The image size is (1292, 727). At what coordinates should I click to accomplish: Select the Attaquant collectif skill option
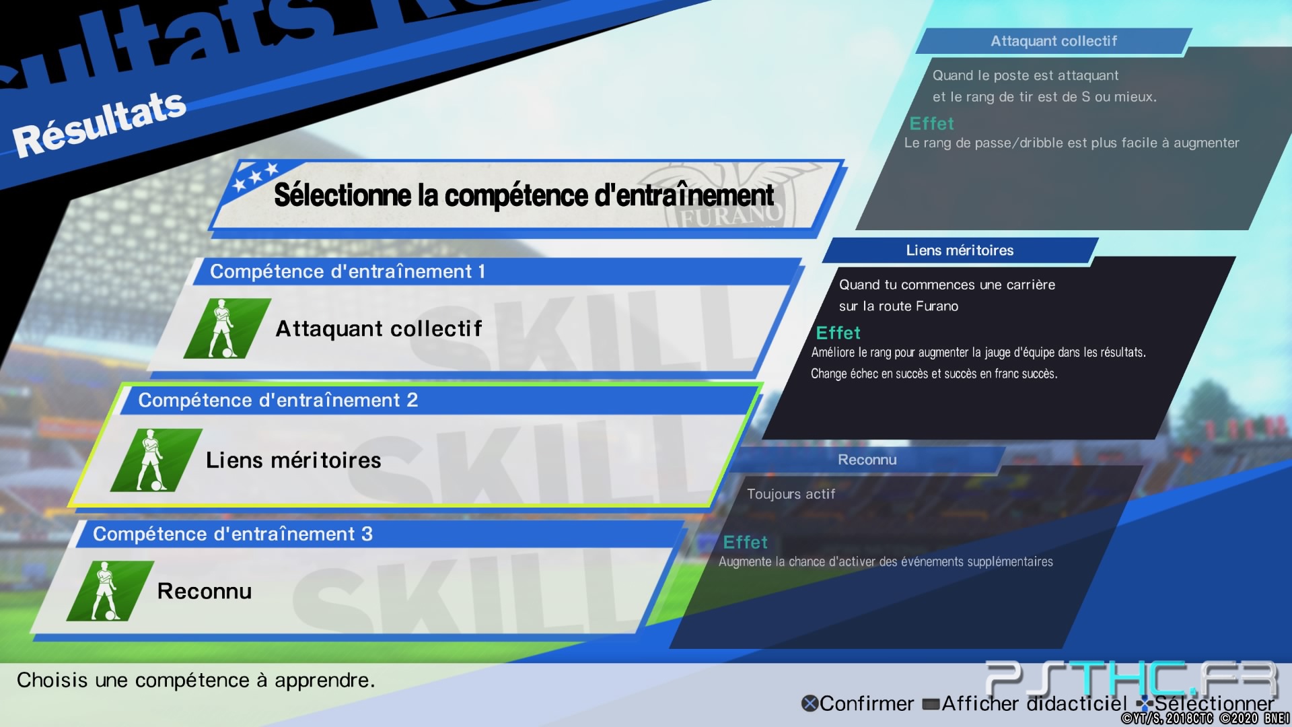379,328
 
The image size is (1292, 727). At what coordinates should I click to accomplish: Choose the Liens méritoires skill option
293,460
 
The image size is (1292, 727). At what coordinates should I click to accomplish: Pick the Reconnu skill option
205,591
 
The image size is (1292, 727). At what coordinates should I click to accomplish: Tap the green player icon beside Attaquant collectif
227,328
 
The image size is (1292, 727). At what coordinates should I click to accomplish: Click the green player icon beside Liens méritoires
156,460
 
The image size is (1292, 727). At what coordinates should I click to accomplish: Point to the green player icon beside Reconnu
110,591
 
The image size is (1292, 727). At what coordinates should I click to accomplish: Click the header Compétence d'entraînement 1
347,271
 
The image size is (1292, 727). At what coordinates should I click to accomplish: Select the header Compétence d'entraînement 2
278,400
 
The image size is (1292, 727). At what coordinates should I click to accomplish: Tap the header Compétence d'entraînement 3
233,534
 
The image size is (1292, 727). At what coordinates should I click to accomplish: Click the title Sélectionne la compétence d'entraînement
524,195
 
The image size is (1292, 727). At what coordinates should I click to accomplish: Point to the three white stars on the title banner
254,176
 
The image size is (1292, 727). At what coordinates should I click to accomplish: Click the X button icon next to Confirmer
810,703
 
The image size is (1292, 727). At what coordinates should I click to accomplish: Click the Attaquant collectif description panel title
1054,41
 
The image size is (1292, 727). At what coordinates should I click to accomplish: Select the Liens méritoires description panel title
960,250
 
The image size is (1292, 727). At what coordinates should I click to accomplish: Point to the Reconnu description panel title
867,460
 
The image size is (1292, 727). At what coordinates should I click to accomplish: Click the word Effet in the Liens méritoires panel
838,333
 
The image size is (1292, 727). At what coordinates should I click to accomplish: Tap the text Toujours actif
791,494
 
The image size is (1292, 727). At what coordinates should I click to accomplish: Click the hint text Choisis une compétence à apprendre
196,681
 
